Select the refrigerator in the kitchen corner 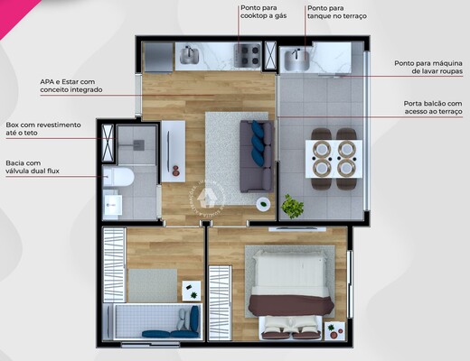pos(156,57)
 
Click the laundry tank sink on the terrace pos(296,60)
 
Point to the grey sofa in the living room pos(255,155)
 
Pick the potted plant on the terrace pos(292,207)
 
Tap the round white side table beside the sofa pos(263,204)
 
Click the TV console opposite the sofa pos(173,150)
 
